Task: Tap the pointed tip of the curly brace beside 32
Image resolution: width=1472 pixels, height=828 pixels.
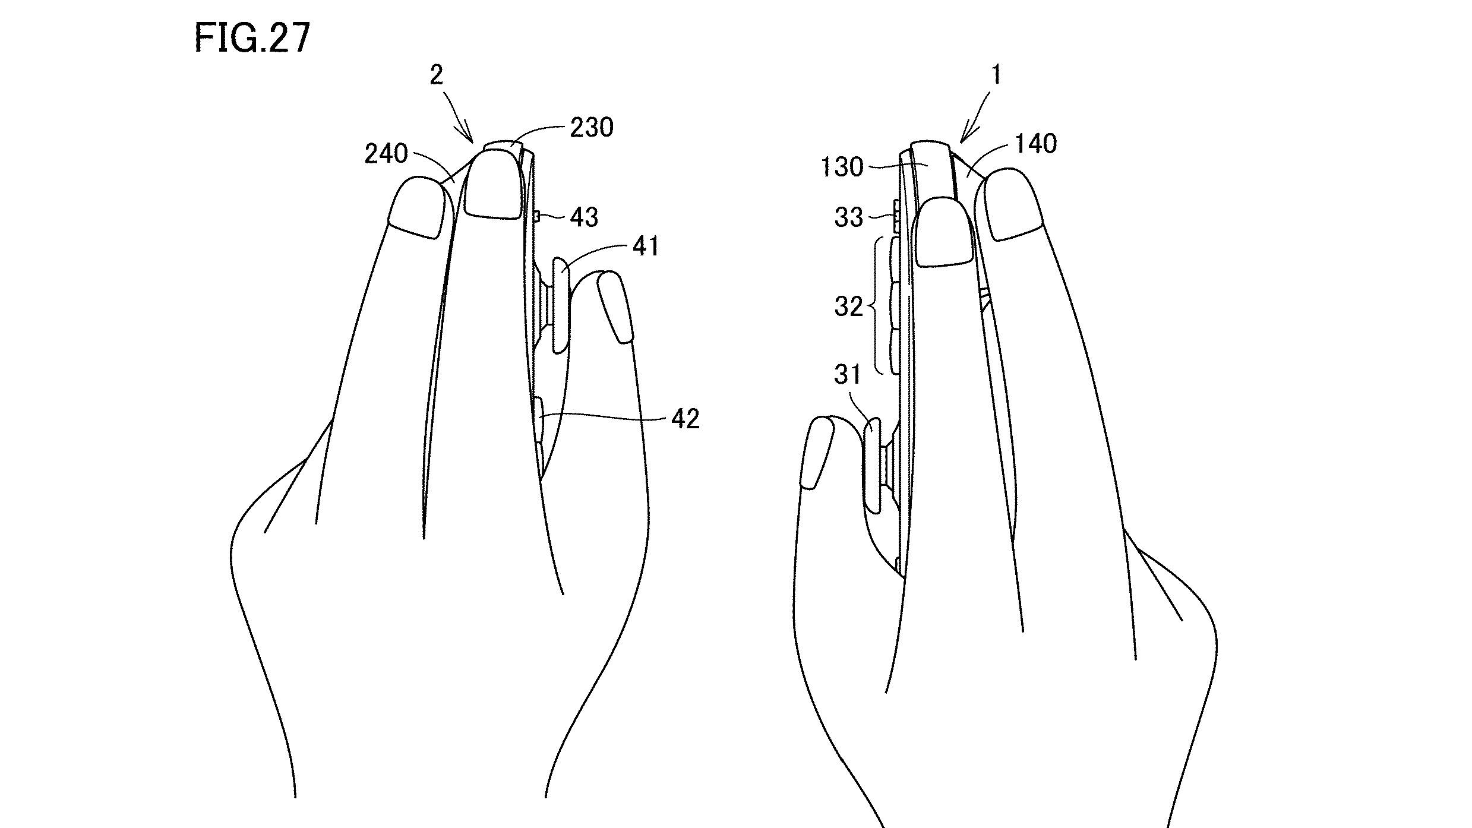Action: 870,306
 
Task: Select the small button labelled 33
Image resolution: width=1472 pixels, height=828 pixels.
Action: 897,217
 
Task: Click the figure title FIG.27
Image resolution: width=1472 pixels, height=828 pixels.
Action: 252,39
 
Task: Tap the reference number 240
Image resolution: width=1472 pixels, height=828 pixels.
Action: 386,154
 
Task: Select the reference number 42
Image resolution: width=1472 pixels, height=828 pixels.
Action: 686,419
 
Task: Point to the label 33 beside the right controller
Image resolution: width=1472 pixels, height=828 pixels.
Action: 848,218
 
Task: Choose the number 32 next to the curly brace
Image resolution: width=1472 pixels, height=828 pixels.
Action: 848,307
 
